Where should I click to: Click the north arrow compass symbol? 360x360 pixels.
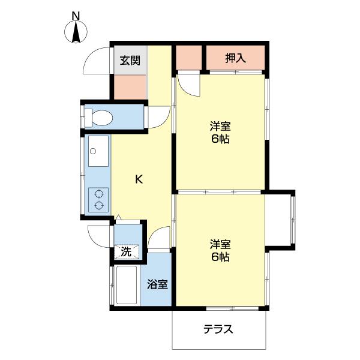[76, 32]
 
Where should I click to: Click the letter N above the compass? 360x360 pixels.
[76, 14]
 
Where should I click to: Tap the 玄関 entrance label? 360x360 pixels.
[130, 60]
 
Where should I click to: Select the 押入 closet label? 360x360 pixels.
[236, 58]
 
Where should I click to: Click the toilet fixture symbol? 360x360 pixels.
[98, 117]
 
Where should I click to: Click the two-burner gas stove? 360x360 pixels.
[98, 200]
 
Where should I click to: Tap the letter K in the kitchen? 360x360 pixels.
[139, 179]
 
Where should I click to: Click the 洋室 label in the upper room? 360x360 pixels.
[220, 127]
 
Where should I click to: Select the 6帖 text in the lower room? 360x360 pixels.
[220, 257]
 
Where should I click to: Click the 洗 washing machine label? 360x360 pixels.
[126, 251]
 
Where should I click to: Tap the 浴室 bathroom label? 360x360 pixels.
[158, 284]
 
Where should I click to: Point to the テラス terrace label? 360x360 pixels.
[218, 329]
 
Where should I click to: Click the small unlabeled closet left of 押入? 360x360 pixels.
[189, 58]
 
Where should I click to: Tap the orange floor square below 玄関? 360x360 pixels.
[130, 86]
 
